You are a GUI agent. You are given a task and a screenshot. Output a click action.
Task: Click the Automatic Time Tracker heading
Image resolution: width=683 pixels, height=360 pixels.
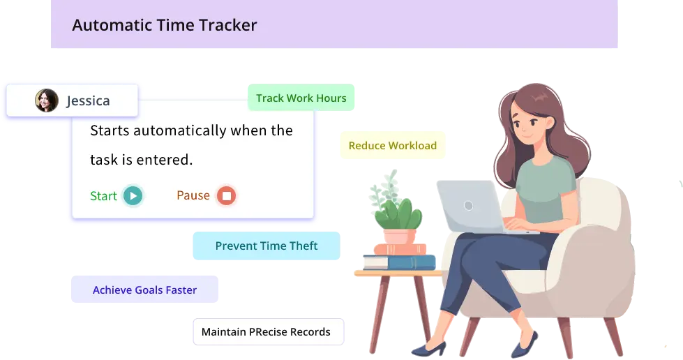[165, 26]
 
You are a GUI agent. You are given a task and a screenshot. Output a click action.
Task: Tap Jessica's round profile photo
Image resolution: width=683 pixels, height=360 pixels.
[47, 100]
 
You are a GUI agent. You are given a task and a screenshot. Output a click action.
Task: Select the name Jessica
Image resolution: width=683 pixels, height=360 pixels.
[88, 101]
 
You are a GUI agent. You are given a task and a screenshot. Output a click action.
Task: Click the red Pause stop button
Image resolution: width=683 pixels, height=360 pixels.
[226, 195]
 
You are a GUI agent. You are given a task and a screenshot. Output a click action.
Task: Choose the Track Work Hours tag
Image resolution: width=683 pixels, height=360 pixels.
[301, 98]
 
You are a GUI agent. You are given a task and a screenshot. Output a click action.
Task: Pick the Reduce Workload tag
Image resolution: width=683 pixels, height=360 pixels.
[392, 146]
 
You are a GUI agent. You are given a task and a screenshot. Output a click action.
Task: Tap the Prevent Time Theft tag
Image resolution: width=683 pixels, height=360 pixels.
[266, 246]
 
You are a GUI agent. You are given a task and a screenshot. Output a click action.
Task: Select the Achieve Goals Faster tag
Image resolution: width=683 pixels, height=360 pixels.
[144, 290]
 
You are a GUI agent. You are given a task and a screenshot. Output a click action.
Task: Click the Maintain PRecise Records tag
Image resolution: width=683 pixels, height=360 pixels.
[266, 331]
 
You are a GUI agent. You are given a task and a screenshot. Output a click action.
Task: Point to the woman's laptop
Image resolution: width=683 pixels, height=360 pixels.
[469, 206]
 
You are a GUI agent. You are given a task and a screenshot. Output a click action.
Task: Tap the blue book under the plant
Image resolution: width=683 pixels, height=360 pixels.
[399, 262]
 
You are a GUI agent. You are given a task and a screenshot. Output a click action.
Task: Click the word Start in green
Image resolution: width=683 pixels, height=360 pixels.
[103, 196]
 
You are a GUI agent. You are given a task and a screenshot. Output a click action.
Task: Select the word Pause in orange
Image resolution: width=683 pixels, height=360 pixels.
[193, 195]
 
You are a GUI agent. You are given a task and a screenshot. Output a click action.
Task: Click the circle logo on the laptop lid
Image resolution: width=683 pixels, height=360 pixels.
[468, 206]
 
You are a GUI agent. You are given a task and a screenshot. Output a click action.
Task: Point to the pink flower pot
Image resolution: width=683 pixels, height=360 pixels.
[400, 237]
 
